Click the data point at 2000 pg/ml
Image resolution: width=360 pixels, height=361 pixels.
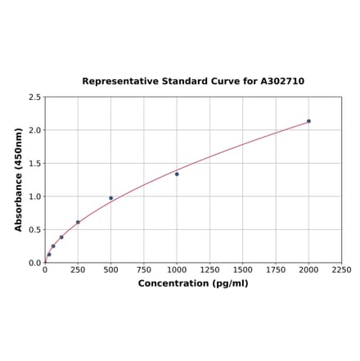[308, 121]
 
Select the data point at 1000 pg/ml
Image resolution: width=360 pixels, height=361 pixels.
[177, 174]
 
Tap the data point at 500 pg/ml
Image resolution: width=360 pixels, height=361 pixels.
[111, 198]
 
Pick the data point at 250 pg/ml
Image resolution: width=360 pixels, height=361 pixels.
[78, 222]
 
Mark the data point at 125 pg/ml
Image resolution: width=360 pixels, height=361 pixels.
[61, 237]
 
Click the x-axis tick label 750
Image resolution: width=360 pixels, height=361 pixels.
[144, 269]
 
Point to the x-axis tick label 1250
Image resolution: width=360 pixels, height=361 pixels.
[209, 269]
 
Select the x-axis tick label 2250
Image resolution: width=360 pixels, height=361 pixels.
[341, 269]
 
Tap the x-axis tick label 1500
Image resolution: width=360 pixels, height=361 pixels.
[243, 269]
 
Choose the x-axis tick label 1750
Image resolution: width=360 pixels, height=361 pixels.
[276, 269]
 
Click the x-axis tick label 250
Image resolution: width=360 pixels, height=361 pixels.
[78, 269]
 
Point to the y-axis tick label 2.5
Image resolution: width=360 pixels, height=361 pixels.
[35, 97]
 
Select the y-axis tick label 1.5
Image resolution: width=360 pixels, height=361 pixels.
[35, 164]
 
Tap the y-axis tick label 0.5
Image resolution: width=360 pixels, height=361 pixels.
[35, 230]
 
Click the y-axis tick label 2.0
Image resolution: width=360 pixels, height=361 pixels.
[35, 130]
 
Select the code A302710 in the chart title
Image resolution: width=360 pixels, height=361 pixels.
[282, 82]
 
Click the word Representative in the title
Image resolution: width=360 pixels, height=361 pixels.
[120, 82]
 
